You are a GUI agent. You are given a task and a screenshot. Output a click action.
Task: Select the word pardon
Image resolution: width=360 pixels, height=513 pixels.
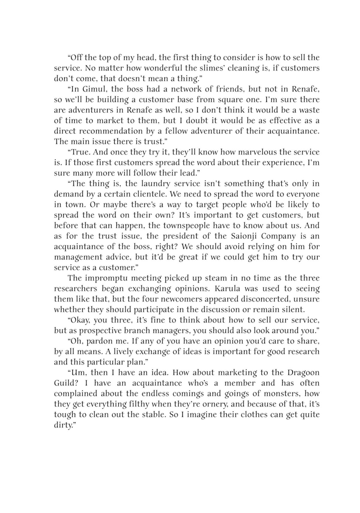(x=99, y=341)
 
